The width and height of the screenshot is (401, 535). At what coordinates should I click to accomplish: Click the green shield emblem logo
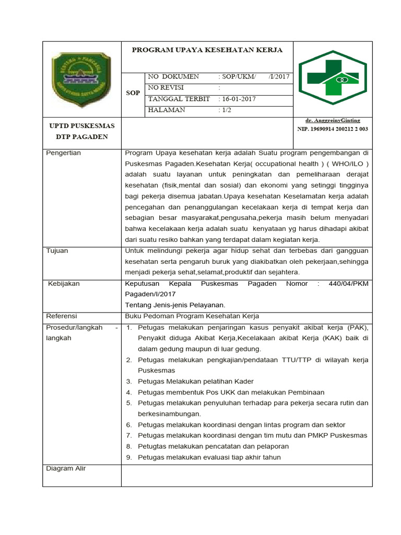click(81, 79)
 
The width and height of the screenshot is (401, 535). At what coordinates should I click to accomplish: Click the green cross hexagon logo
click(332, 77)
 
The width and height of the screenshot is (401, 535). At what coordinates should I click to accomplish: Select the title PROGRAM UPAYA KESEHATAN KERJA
click(207, 50)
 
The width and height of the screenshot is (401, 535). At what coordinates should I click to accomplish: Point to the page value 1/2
click(226, 110)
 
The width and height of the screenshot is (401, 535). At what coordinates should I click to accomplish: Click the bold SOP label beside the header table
click(133, 93)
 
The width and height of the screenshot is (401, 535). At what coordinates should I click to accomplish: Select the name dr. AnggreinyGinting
click(333, 121)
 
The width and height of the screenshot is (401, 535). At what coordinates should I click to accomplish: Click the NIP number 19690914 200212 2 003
click(333, 129)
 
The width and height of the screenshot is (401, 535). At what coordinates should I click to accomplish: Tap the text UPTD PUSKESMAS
click(81, 126)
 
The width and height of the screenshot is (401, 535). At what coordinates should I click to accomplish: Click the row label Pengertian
click(64, 153)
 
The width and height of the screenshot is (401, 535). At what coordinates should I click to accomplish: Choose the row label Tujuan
click(57, 251)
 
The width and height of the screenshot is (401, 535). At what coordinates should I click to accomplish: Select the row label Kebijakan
click(64, 284)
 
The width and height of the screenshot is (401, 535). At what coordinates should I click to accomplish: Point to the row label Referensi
click(62, 316)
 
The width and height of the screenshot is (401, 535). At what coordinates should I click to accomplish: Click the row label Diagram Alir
click(66, 469)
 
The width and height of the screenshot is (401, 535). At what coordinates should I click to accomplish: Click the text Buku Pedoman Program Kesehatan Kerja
click(192, 316)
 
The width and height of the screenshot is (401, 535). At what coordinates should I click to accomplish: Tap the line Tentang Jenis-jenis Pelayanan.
click(175, 305)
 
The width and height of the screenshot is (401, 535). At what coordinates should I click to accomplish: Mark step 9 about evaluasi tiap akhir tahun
click(209, 458)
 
